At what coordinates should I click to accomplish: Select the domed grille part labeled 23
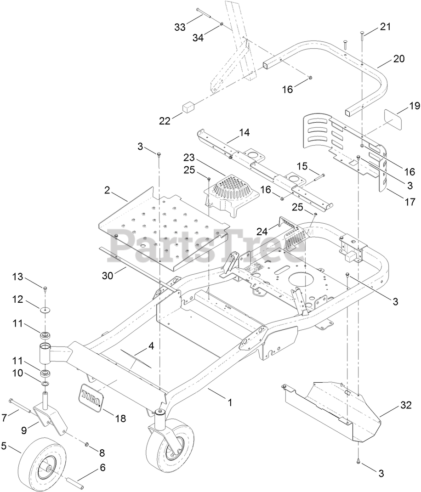(229, 191)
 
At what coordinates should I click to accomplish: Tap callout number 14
(244, 133)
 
